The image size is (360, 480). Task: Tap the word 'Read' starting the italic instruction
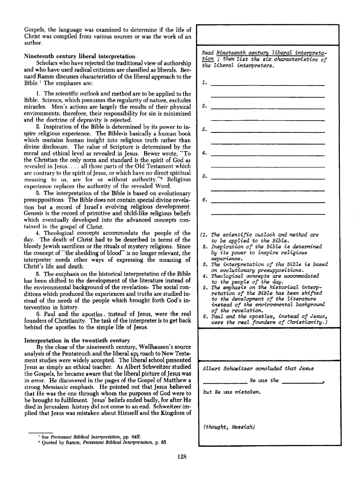click(x=208, y=54)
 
